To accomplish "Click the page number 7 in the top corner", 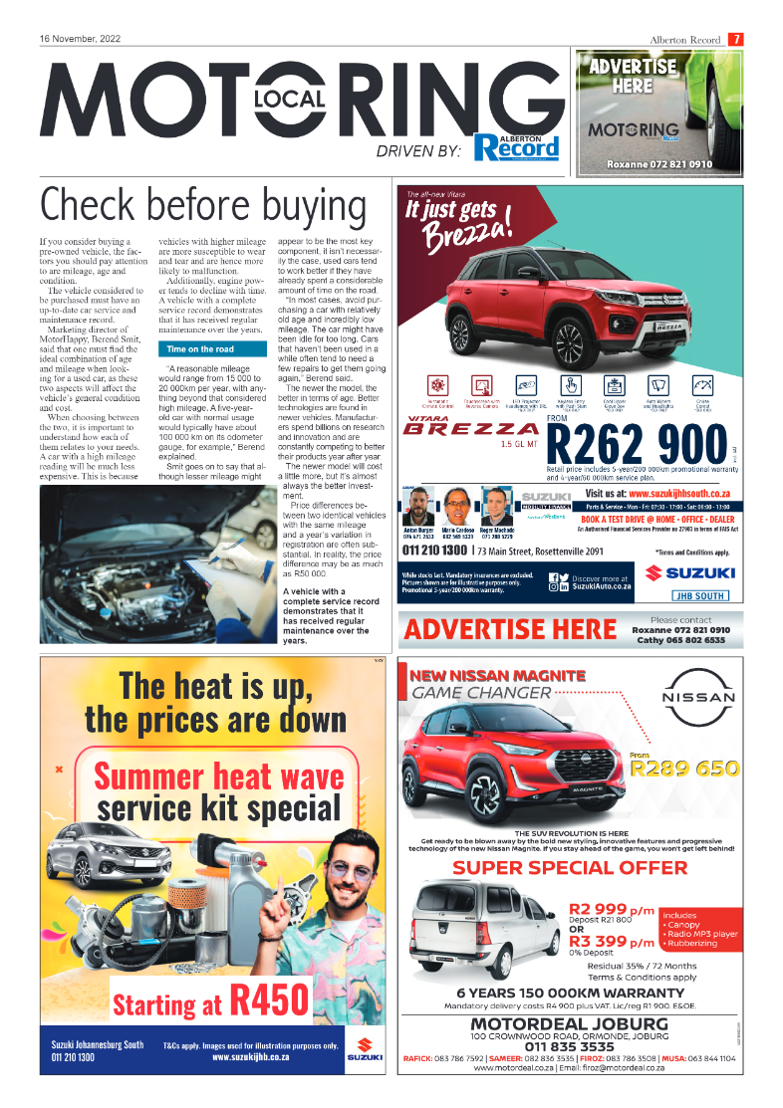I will (x=735, y=40).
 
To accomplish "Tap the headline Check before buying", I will (x=202, y=207).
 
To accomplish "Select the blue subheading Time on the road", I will (x=201, y=349).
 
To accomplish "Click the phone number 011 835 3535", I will (x=569, y=1047).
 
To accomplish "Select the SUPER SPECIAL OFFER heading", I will (x=570, y=867).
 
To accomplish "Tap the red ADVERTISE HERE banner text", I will (x=510, y=629).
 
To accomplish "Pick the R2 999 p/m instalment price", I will (x=612, y=909).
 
